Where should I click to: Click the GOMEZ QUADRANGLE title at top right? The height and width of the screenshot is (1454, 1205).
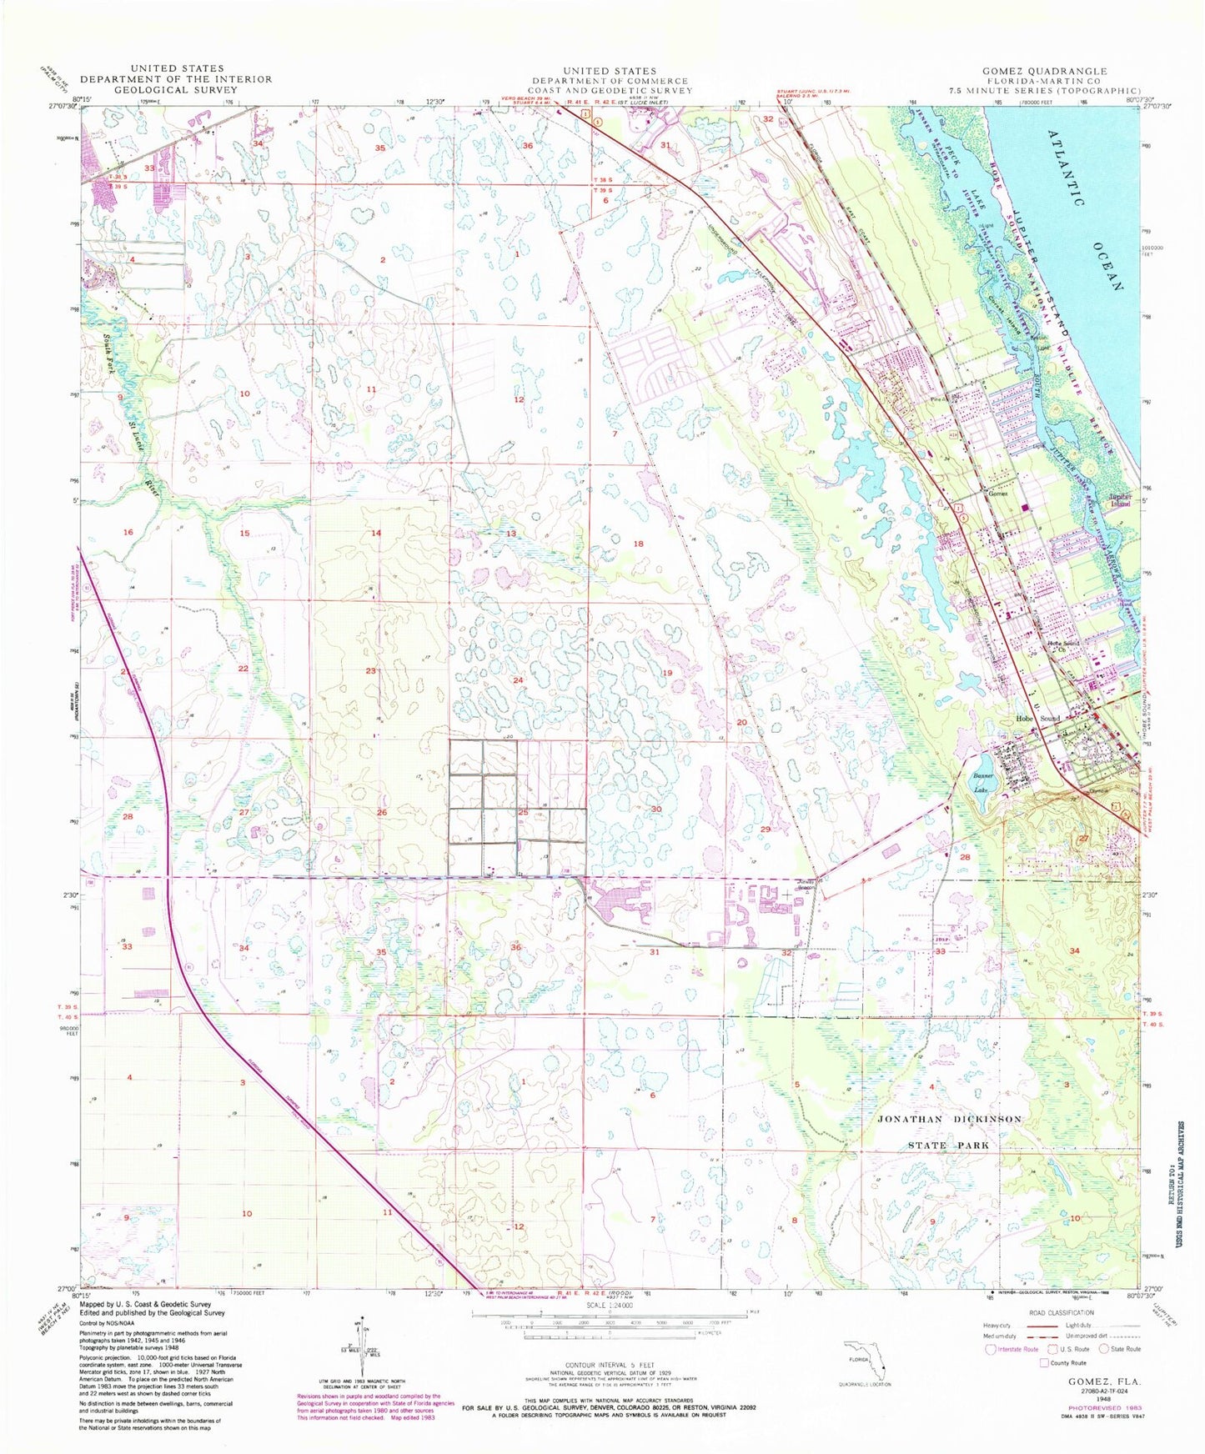click(x=1044, y=71)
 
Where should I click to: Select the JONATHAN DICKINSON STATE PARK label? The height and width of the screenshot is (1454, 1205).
click(x=949, y=1131)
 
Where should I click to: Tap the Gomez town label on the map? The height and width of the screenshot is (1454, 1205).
click(x=997, y=494)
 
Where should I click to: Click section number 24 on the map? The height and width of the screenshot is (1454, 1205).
click(x=518, y=680)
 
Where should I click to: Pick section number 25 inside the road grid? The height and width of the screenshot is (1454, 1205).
click(x=523, y=812)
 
